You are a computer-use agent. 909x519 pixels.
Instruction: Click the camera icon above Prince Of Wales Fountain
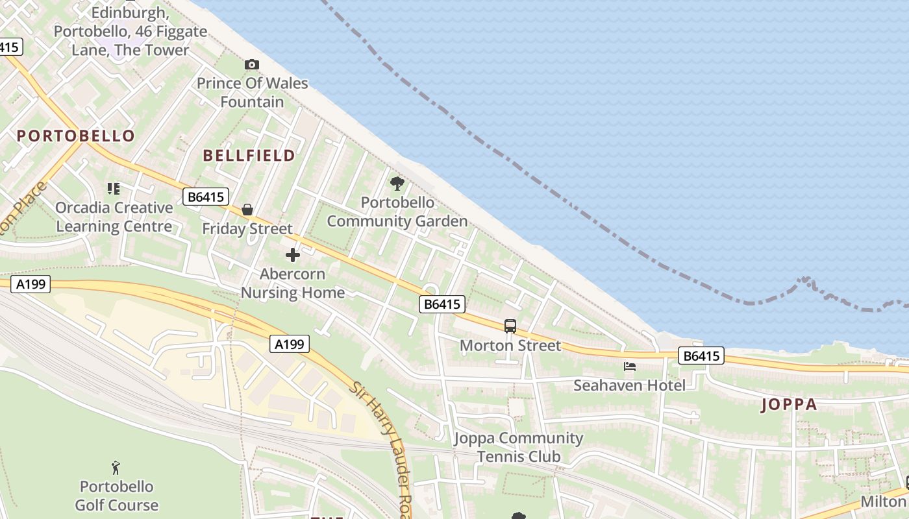point(251,64)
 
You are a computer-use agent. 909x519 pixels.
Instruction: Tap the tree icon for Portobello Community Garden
point(397,184)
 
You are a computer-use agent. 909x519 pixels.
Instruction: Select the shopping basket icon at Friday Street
point(247,210)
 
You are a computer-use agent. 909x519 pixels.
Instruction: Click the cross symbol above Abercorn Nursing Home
point(293,255)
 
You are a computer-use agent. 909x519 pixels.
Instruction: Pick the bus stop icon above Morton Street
point(510,326)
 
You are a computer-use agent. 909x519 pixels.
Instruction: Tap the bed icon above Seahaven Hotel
point(629,367)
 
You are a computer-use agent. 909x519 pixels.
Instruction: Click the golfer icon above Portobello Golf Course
point(116,467)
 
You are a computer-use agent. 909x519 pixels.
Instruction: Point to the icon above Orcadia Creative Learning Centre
point(114,189)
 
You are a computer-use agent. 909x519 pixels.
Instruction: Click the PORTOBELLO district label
point(75,136)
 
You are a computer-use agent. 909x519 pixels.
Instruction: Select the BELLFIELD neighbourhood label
point(249,156)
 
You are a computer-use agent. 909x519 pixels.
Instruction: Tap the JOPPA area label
point(789,405)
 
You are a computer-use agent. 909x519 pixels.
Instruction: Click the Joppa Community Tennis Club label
point(519,447)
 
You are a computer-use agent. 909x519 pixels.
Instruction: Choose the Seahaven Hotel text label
point(629,385)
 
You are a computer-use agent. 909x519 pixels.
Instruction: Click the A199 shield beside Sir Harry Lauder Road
point(289,344)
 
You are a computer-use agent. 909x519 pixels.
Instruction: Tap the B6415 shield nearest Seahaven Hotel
point(701,356)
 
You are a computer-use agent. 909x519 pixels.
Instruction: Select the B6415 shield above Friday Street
point(206,197)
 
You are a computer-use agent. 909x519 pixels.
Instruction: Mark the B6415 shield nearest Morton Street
point(442,304)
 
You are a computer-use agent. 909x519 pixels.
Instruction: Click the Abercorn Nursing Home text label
point(293,284)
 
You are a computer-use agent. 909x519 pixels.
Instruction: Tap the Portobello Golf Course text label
point(117,496)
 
